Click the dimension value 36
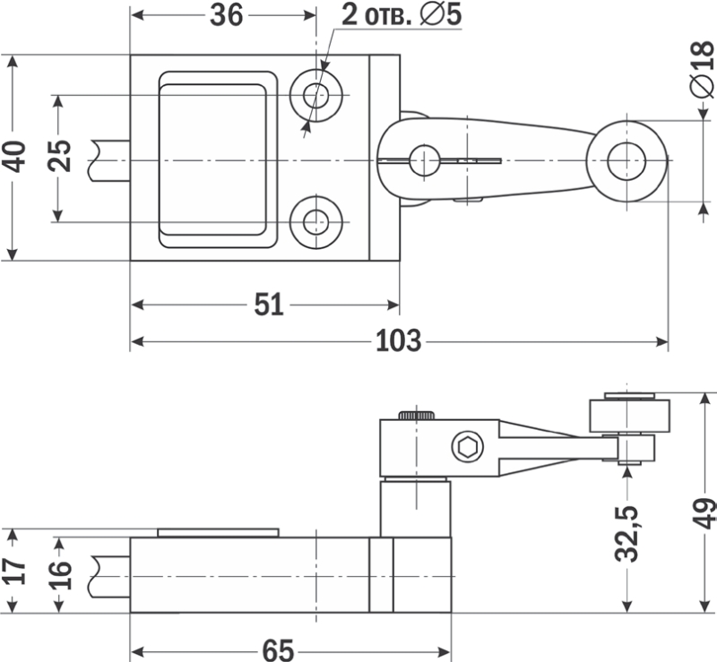coord(227,15)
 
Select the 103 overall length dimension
coord(398,341)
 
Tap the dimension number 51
coord(269,305)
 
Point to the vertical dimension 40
coord(13,158)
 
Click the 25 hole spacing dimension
coord(59,156)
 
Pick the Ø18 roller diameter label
coord(703,69)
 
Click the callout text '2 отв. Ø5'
coord(402,15)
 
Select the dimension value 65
coord(278,650)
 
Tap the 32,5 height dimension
coord(626,534)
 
